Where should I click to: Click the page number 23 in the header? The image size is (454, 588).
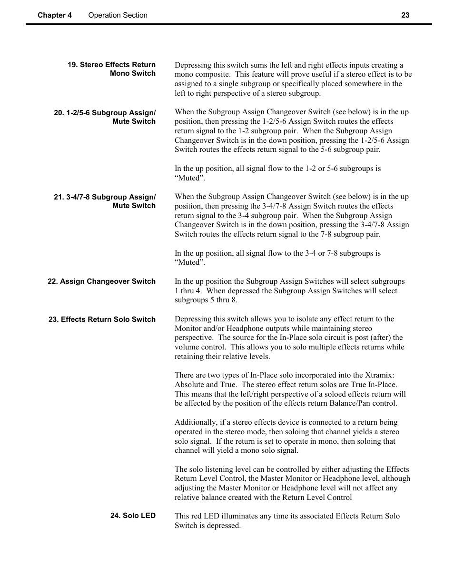pyautogui.click(x=405, y=15)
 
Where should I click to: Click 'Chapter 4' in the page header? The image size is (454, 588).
pyautogui.click(x=55, y=15)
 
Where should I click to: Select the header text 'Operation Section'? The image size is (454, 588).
pyautogui.click(x=118, y=15)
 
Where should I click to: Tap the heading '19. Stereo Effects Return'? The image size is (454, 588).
pyautogui.click(x=111, y=65)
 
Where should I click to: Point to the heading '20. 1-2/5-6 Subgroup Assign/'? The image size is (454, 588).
pyautogui.click(x=105, y=113)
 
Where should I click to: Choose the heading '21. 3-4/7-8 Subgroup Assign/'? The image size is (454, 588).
pyautogui.click(x=105, y=197)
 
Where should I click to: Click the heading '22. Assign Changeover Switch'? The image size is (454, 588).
pyautogui.click(x=101, y=281)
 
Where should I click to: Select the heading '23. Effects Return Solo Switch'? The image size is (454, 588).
pyautogui.click(x=102, y=319)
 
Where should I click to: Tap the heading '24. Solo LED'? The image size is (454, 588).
pyautogui.click(x=133, y=516)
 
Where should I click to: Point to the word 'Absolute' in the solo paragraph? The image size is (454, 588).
pyautogui.click(x=189, y=385)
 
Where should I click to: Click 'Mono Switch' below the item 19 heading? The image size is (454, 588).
pyautogui.click(x=133, y=73)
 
